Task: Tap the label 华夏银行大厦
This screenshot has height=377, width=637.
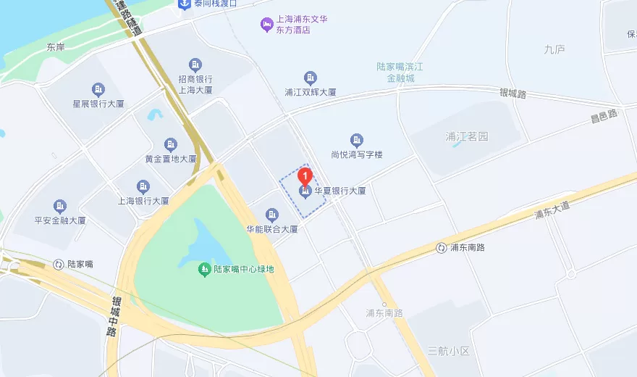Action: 339,191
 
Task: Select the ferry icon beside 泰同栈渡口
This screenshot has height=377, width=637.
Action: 185,4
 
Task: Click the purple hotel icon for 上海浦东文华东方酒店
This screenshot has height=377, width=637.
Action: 266,25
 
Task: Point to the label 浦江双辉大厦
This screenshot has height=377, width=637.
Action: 311,92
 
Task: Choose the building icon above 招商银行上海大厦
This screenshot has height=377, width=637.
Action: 195,65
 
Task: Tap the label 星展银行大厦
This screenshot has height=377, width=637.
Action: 98,104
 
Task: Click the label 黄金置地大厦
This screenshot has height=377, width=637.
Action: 171,159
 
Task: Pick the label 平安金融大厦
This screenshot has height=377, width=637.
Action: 60,220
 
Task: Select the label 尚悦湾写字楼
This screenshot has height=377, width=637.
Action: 356,154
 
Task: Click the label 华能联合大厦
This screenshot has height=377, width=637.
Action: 272,229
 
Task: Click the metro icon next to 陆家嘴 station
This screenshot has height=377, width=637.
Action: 59,264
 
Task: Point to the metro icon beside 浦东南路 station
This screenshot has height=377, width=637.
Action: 442,248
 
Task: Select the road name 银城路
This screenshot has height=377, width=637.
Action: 512,94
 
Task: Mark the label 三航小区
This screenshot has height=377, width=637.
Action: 449,351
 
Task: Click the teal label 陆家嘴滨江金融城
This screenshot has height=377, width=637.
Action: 400,72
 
